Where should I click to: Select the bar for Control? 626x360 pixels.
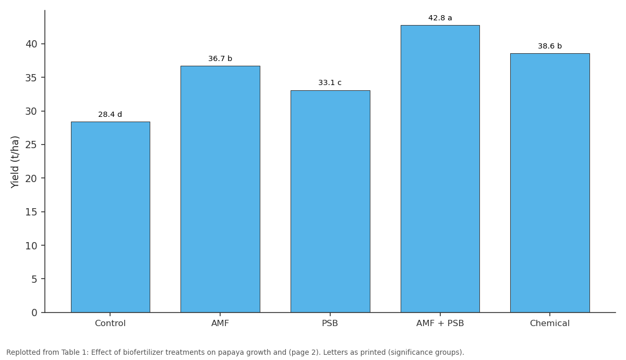[111, 217]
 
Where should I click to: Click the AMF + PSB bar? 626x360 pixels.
[440, 169]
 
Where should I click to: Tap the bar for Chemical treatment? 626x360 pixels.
[550, 183]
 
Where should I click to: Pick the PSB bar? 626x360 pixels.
[330, 201]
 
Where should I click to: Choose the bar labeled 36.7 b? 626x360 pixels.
[220, 189]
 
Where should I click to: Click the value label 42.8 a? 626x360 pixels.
[440, 18]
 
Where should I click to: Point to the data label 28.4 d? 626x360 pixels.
[110, 114]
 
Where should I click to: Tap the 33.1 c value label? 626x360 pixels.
[330, 83]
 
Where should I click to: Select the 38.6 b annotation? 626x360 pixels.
[550, 46]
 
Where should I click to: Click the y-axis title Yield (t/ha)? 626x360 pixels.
[15, 162]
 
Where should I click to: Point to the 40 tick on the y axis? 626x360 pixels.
[31, 44]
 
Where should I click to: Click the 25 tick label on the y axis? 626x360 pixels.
[31, 145]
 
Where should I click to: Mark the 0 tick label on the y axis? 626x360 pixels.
[34, 313]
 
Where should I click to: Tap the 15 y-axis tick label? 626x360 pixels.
[31, 212]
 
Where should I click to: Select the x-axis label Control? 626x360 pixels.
[110, 323]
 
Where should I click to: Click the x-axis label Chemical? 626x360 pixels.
[550, 323]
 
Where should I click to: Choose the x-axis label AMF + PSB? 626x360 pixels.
[440, 323]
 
